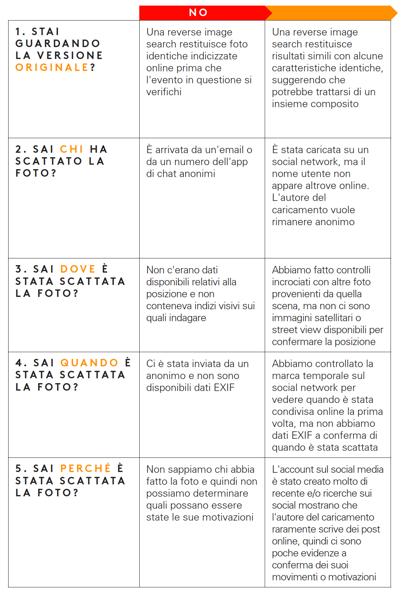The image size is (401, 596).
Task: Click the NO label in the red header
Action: (198, 13)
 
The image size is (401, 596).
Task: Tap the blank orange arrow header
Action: (330, 13)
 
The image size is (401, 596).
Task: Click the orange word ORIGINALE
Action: (52, 68)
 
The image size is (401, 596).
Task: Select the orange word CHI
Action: (71, 149)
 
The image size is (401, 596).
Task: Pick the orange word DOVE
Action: (78, 269)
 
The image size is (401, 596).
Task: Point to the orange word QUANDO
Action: (89, 363)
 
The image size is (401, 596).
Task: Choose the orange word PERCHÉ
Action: (86, 469)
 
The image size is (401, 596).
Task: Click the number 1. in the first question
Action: (20, 32)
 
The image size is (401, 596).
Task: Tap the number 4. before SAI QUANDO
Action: (21, 363)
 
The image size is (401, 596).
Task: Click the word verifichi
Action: (164, 92)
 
